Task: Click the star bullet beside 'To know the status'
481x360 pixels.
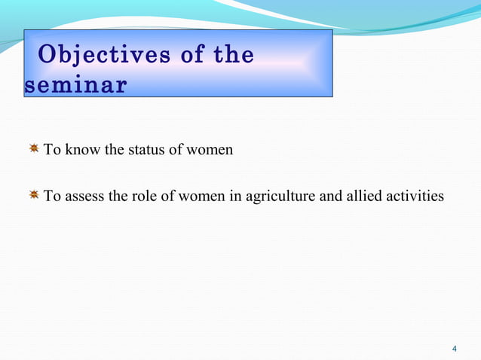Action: click(x=34, y=149)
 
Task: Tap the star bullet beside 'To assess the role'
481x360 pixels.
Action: click(x=34, y=197)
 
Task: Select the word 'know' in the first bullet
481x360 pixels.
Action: click(x=83, y=150)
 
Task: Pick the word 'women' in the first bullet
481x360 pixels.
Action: click(x=211, y=150)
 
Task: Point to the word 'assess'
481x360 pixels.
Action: click(x=86, y=197)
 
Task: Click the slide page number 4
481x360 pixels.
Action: click(x=454, y=348)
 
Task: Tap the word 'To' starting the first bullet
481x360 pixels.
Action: click(x=52, y=150)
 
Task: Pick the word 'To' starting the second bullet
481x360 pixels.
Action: click(x=52, y=197)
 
